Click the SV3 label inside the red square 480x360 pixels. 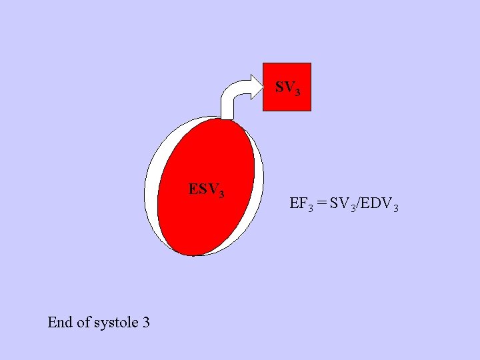tap(287, 87)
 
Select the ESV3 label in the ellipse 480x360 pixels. tap(206, 190)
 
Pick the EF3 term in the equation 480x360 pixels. tap(299, 204)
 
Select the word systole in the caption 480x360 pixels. tap(116, 323)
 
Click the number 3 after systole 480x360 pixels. tap(145, 323)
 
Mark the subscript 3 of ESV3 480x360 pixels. tap(221, 194)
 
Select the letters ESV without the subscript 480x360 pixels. tap(203, 189)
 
